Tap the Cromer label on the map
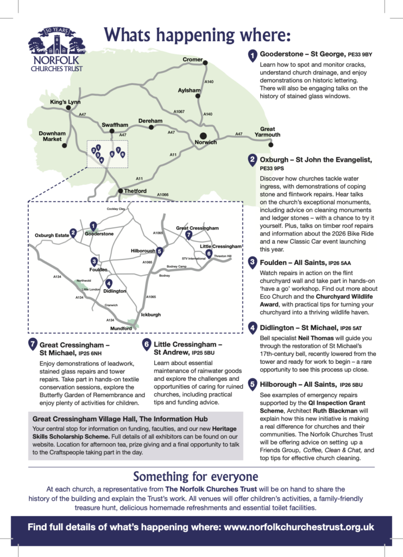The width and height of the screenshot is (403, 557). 192,59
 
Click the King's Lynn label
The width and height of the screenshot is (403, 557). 65,102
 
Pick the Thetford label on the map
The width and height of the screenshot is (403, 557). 135,191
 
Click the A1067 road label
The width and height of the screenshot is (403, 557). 179,112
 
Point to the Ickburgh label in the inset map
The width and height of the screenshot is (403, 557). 150,315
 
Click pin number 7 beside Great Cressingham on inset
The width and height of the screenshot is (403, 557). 188,235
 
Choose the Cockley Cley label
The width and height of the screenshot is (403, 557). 115,209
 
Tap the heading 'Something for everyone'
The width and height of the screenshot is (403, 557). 196,476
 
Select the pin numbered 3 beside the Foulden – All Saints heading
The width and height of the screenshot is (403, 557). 253,262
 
